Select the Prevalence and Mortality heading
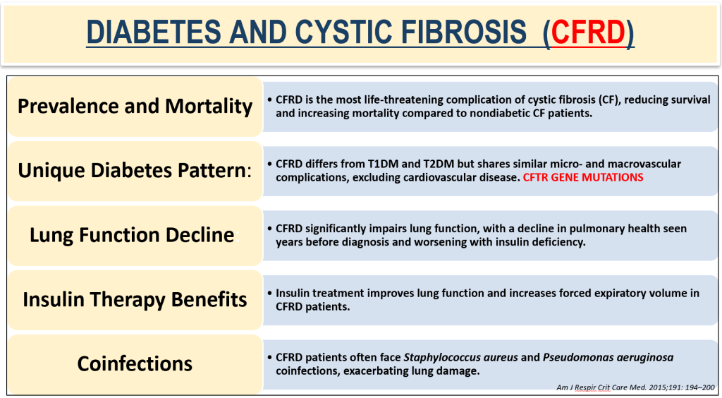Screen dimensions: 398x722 click(x=135, y=106)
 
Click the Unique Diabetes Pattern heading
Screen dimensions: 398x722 click(x=135, y=170)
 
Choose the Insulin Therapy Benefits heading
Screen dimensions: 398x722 click(x=135, y=299)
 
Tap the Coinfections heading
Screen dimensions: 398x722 click(x=135, y=363)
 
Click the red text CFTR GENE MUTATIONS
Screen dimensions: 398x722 click(x=583, y=177)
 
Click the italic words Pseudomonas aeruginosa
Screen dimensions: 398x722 click(x=608, y=357)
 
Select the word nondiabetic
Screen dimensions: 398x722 click(x=483, y=113)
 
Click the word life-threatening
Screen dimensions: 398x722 click(x=387, y=99)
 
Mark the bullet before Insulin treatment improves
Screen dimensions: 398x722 click(x=270, y=293)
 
